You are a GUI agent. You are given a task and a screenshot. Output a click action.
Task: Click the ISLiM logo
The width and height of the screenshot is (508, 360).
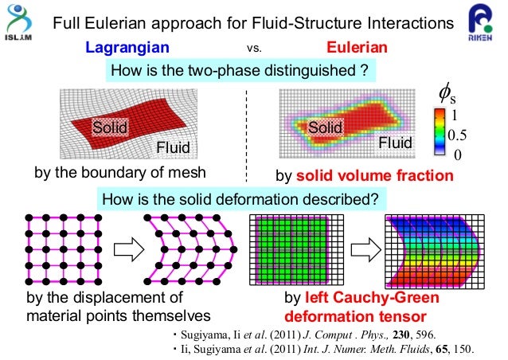click(x=21, y=23)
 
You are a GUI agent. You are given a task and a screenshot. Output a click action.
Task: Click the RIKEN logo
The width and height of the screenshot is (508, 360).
click(x=484, y=26)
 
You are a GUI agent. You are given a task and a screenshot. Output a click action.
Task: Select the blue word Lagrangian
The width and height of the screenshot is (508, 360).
click(x=127, y=49)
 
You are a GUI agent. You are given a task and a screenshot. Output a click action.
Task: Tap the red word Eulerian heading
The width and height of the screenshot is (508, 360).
click(x=358, y=49)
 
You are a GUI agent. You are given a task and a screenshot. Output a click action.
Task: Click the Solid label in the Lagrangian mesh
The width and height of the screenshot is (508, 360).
click(x=109, y=127)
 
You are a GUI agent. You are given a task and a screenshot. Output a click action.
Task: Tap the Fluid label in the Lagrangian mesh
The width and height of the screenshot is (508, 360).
click(x=173, y=147)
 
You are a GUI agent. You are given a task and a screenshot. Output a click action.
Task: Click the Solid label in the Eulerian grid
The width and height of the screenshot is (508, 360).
click(x=325, y=127)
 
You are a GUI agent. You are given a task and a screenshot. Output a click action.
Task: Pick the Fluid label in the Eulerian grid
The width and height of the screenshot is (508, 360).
click(x=395, y=143)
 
